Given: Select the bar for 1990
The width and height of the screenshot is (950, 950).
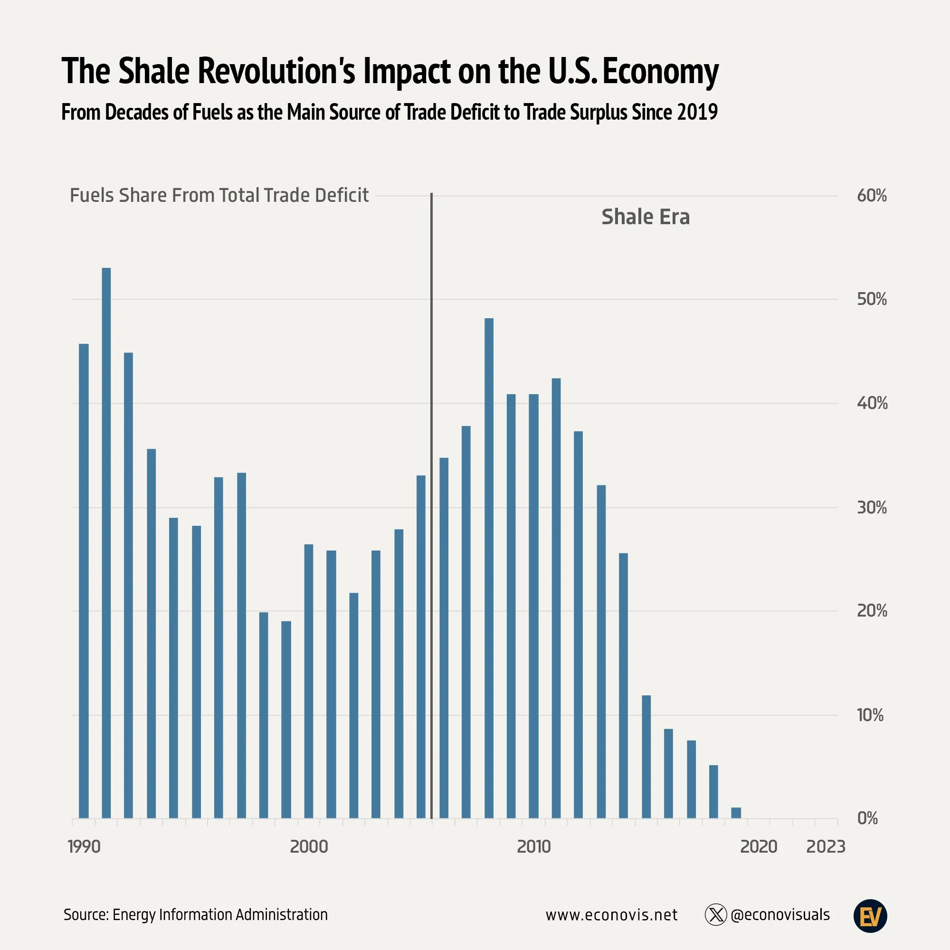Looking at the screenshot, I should [x=84, y=581].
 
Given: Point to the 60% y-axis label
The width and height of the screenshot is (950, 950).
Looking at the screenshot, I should [x=871, y=196].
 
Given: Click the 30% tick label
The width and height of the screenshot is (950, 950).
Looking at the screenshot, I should [x=871, y=507].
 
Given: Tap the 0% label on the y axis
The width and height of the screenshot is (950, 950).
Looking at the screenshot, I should [x=867, y=818].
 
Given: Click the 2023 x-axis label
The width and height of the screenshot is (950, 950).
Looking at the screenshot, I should [x=826, y=847].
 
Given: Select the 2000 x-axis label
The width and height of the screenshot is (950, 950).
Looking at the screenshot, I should [x=309, y=847].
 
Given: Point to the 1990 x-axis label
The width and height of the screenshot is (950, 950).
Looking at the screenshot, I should [x=84, y=847].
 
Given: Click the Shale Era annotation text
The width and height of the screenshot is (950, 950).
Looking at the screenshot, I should [x=646, y=217].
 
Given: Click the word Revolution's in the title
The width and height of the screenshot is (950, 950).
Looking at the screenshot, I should [x=276, y=71].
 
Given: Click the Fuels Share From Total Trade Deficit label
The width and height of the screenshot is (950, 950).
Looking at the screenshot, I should [x=219, y=196].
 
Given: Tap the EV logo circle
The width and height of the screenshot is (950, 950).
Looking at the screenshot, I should [x=870, y=916].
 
